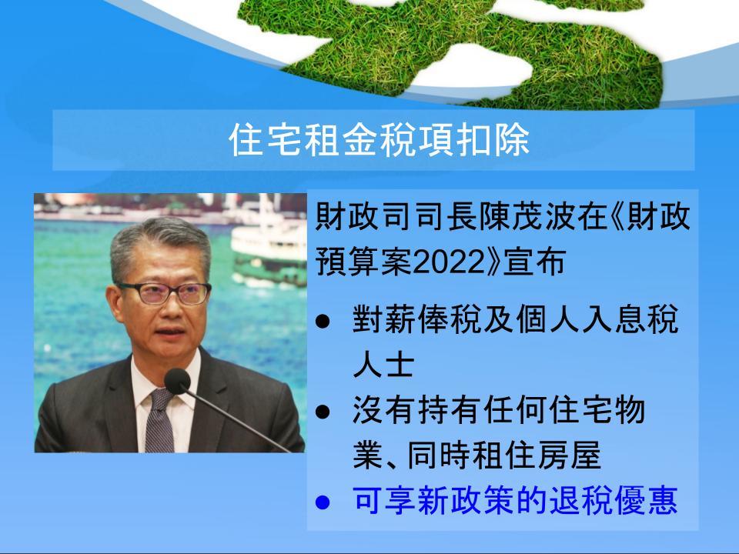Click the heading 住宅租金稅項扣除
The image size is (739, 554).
[379, 140]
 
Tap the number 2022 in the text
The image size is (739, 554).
[448, 262]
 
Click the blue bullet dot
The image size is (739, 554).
[323, 502]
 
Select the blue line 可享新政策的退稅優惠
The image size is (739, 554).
[515, 500]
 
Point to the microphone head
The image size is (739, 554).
[177, 382]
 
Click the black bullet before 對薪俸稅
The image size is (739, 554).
[323, 322]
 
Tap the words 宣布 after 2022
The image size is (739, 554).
[534, 262]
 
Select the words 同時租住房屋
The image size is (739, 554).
[503, 456]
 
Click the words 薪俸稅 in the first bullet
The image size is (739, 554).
[416, 319]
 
